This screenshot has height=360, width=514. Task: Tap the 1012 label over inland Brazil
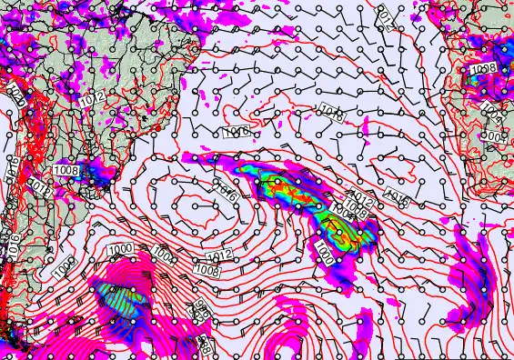(93, 98)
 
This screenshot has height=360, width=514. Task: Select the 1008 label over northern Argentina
(66, 170)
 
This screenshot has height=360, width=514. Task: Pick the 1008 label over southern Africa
(483, 70)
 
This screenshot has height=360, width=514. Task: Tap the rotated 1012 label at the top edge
(385, 16)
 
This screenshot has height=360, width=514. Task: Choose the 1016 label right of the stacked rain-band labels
(396, 195)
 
